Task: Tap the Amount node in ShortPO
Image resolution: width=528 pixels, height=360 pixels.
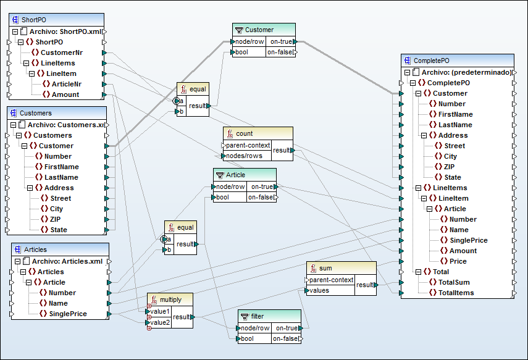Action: click(x=64, y=94)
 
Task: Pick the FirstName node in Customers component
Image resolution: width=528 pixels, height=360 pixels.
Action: click(x=61, y=167)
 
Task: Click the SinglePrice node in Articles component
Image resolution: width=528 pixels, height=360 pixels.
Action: click(x=67, y=314)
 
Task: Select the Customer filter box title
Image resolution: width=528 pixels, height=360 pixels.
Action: click(x=259, y=30)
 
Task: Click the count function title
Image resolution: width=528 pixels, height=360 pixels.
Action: click(x=244, y=133)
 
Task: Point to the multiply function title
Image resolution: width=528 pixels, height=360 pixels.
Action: click(x=170, y=299)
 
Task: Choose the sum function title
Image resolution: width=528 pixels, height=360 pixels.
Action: click(x=325, y=267)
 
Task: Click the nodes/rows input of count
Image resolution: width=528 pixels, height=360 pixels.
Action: click(x=245, y=156)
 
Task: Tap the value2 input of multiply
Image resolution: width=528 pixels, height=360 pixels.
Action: click(x=161, y=322)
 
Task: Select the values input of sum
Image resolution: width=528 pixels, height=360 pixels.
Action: click(x=319, y=290)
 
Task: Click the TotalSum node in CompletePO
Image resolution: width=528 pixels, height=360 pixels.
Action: click(x=453, y=282)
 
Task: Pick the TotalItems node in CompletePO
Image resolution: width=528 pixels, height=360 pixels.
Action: click(x=456, y=293)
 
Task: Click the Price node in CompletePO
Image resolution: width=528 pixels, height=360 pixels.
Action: click(x=458, y=261)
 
